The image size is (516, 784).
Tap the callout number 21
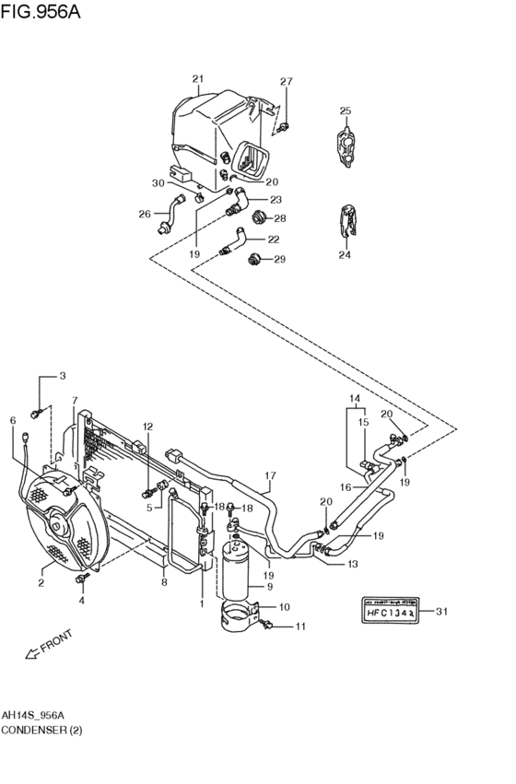tap(197, 79)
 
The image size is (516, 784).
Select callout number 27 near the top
tap(286, 82)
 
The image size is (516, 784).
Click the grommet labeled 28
tap(260, 218)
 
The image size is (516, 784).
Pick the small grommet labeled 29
tap(255, 259)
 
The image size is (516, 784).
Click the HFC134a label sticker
tap(385, 611)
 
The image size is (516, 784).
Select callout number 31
tap(440, 611)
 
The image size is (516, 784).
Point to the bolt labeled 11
tap(267, 626)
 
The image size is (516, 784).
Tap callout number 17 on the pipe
tap(270, 476)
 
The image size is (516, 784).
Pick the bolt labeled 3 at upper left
tap(39, 410)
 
